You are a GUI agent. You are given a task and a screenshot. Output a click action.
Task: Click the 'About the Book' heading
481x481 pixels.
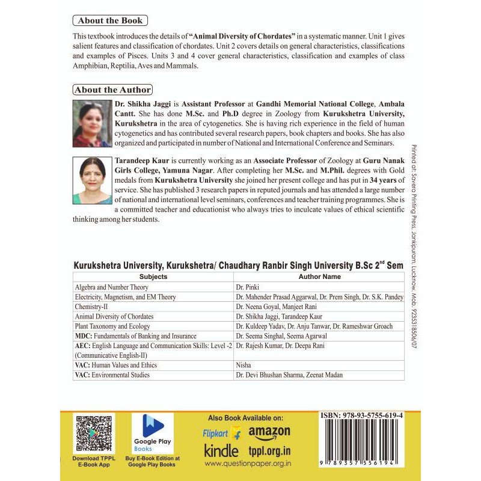pyautogui.click(x=110, y=20)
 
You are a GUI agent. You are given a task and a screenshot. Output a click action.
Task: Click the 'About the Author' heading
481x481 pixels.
pyautogui.click(x=112, y=90)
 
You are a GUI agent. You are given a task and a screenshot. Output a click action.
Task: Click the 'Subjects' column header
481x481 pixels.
pyautogui.click(x=153, y=277)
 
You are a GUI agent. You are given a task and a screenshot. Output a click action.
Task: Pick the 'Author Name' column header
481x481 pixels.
pyautogui.click(x=319, y=277)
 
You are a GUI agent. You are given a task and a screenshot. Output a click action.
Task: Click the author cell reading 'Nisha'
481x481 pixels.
pyautogui.click(x=245, y=364)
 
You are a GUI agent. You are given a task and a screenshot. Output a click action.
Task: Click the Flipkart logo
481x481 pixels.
pyautogui.click(x=221, y=433)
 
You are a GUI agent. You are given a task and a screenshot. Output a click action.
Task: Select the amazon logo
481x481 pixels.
pyautogui.click(x=269, y=432)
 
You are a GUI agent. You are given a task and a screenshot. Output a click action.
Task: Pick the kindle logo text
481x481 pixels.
pyautogui.click(x=221, y=450)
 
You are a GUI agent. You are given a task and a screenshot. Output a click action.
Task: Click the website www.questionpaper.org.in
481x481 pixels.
pyautogui.click(x=248, y=464)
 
